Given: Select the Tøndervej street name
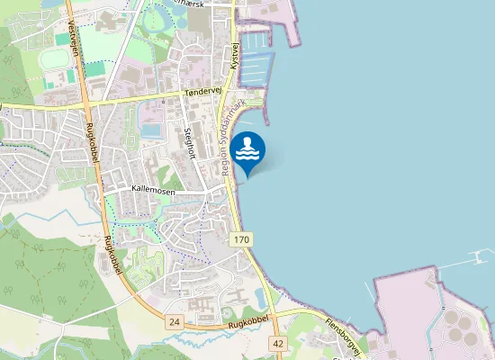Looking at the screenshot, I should click(x=202, y=92).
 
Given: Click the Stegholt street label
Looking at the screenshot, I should click(x=189, y=142).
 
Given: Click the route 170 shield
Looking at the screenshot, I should click(x=240, y=239).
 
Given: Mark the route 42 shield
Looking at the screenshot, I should click(x=277, y=343).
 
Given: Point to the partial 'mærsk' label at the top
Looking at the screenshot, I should click(x=216, y=3).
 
